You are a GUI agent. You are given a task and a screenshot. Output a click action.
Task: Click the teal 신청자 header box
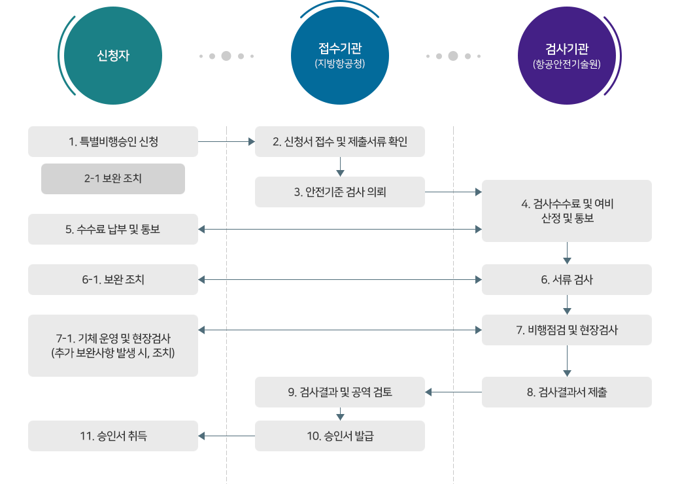click(112, 56)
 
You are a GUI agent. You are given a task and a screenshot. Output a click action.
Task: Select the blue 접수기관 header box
click(340, 56)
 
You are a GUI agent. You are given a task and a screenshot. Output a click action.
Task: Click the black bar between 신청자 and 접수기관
click(226, 56)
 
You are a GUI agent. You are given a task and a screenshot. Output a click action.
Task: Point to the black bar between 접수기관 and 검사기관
click(453, 56)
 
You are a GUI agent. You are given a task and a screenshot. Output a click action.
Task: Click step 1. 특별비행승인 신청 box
click(113, 141)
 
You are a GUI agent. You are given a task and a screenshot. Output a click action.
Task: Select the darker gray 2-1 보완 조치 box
click(113, 179)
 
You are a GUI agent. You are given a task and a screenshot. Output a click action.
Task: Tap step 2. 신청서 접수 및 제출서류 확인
click(340, 141)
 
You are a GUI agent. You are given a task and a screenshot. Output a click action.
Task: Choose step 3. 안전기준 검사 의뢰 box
click(340, 192)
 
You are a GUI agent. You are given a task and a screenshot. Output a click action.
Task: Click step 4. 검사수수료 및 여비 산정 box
click(567, 211)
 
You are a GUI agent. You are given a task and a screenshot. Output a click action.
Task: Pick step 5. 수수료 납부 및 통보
click(113, 229)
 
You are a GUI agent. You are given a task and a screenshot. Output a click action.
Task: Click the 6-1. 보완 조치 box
click(113, 279)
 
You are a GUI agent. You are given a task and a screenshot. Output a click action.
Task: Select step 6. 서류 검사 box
click(567, 279)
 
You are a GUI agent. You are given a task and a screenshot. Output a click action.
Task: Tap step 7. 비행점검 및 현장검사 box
click(567, 330)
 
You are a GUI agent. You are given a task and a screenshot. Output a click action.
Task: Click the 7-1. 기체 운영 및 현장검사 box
click(113, 345)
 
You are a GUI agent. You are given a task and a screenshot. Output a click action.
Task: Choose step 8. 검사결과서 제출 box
click(567, 392)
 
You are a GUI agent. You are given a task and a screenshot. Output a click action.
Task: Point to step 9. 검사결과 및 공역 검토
click(340, 392)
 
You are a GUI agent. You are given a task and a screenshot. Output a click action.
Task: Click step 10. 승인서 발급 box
click(340, 436)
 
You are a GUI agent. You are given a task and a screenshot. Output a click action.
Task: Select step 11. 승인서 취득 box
click(113, 436)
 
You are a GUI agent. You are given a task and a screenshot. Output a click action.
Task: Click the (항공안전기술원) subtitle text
click(567, 65)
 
